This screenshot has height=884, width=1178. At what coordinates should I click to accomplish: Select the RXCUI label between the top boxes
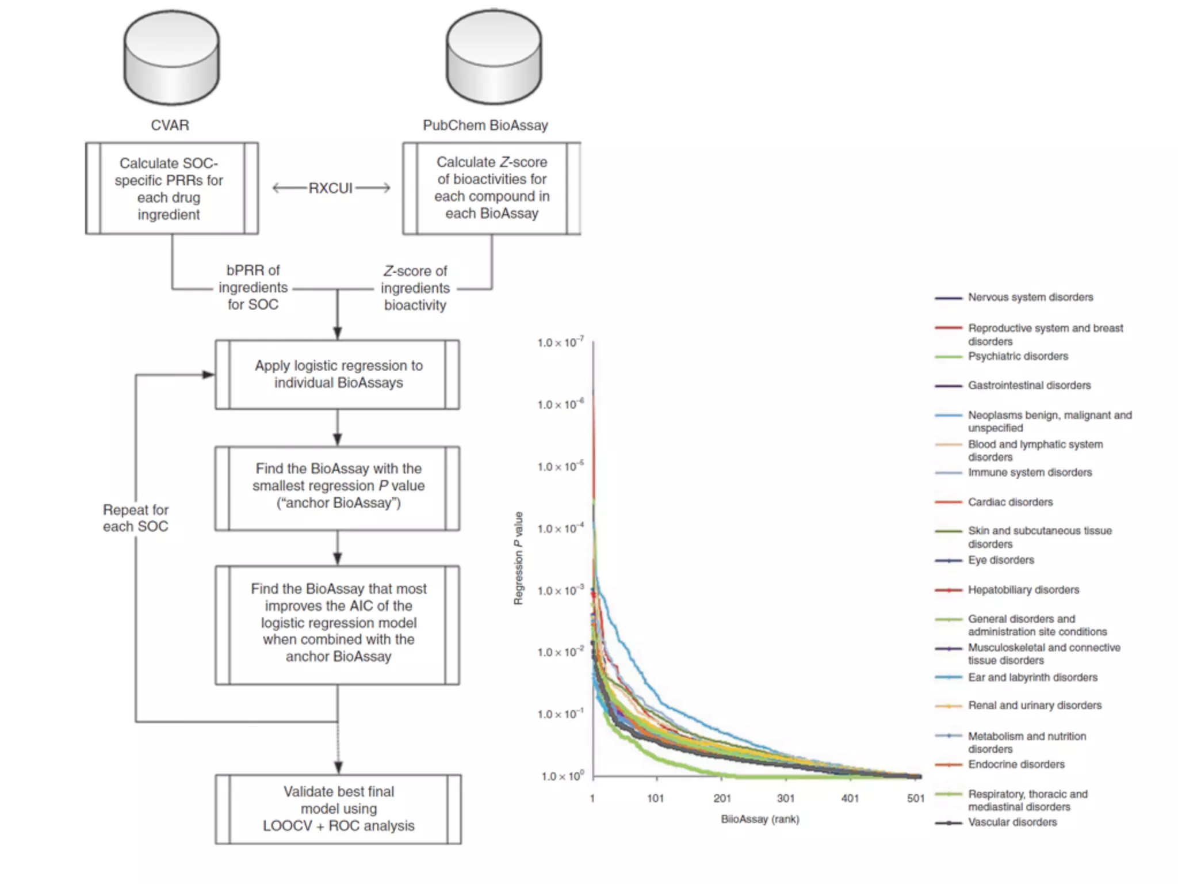(331, 188)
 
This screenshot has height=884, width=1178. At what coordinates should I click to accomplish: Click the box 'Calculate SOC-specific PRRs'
(171, 189)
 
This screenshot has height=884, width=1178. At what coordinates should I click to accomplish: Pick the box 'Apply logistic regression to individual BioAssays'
(338, 375)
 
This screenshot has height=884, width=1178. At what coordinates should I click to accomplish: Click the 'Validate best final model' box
(338, 809)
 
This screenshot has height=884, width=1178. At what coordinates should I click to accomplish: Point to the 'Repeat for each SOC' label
(136, 518)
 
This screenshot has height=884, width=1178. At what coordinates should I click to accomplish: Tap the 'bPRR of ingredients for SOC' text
(253, 288)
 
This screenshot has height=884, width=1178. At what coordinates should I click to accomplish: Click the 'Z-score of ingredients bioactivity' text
(415, 288)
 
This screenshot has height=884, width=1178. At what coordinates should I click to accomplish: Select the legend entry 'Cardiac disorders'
(1010, 502)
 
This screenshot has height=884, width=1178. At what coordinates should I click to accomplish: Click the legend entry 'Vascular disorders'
(1012, 822)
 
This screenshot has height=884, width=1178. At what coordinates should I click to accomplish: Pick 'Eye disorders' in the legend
(1001, 560)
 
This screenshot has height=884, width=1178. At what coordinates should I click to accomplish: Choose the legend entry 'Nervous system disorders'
(1030, 298)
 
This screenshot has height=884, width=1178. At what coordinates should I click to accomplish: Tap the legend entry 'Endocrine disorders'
(1016, 764)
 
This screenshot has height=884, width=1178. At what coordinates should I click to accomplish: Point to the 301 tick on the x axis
(786, 798)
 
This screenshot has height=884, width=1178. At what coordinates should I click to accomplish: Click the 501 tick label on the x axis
(916, 798)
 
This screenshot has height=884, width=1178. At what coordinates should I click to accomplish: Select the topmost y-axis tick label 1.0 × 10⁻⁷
(560, 342)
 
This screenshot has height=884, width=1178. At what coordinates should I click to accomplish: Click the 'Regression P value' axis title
(519, 558)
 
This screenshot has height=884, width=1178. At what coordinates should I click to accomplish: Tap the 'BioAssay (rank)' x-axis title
(760, 819)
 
